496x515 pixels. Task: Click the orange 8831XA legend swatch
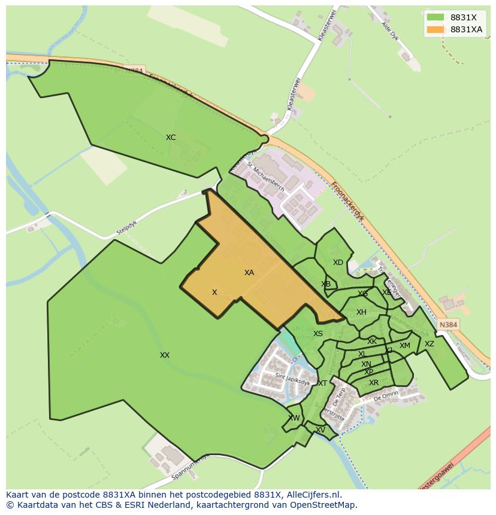click(x=435, y=29)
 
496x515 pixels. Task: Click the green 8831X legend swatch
click(x=435, y=17)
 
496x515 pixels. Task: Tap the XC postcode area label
click(x=171, y=138)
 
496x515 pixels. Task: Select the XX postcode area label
click(x=165, y=355)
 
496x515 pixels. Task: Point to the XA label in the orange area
click(x=249, y=273)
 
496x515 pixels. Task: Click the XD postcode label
click(x=338, y=263)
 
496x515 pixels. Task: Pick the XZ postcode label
click(x=430, y=344)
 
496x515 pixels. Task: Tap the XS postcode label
click(x=318, y=334)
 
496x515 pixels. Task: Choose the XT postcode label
click(x=322, y=383)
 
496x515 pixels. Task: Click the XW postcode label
click(x=294, y=418)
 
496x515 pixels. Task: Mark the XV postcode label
click(x=320, y=430)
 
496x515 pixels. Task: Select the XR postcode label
click(x=374, y=383)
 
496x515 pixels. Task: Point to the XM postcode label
click(x=405, y=346)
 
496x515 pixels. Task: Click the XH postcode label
click(x=361, y=312)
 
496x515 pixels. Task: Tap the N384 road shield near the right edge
click(x=448, y=325)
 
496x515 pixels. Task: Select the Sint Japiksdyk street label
click(x=292, y=377)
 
